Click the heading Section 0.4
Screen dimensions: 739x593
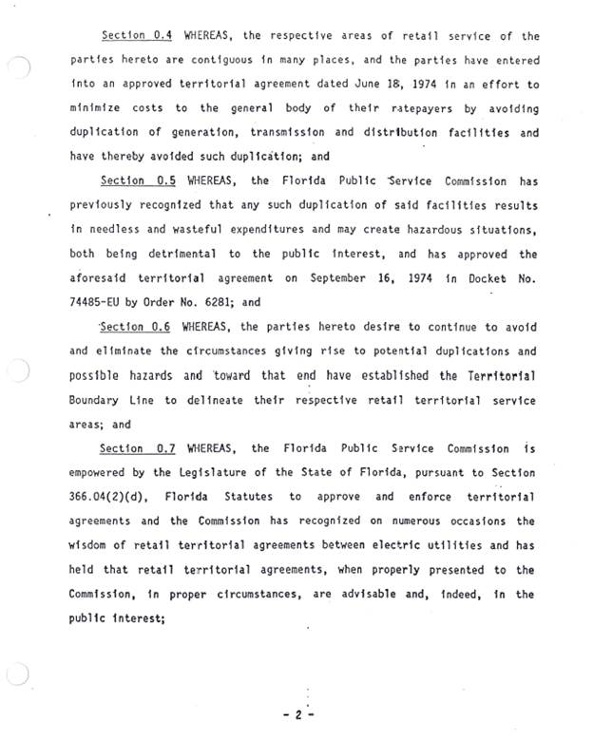pyautogui.click(x=137, y=36)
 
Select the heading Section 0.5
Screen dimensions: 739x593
pyautogui.click(x=137, y=181)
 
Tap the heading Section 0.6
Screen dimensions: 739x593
pyautogui.click(x=137, y=327)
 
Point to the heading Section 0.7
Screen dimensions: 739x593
pyautogui.click(x=137, y=448)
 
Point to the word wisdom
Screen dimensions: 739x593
pyautogui.click(x=93, y=545)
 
